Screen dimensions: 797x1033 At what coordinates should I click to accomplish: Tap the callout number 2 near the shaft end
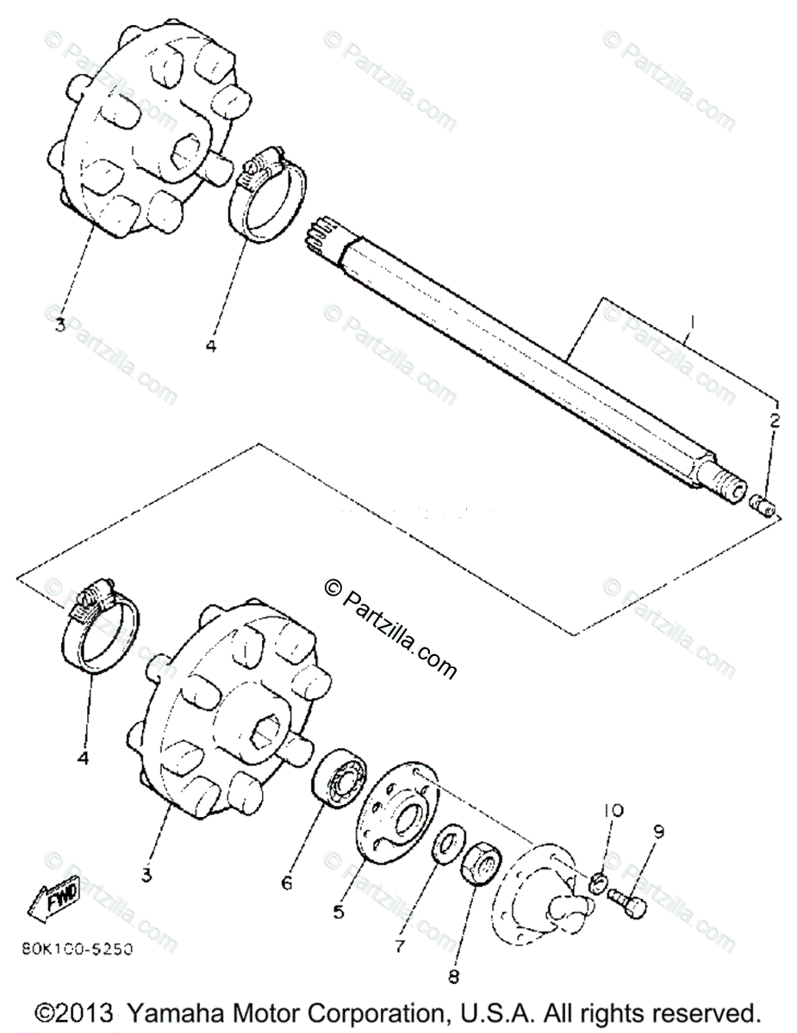tap(775, 421)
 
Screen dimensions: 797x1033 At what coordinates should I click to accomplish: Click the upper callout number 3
tap(59, 325)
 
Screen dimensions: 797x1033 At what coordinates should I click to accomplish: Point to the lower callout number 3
tap(147, 875)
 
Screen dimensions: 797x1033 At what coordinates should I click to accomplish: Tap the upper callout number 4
tap(211, 346)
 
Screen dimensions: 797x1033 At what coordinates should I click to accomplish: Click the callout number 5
tap(339, 912)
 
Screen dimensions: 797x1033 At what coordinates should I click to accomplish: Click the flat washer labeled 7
tap(445, 843)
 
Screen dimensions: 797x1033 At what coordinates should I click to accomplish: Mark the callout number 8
tap(454, 976)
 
